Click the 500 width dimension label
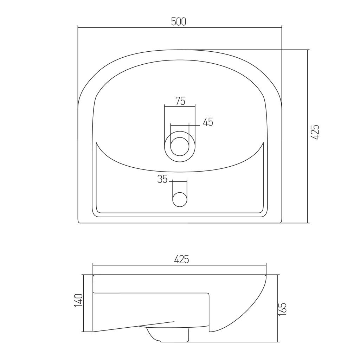[179, 22]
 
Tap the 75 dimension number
[180, 101]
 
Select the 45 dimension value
[208, 122]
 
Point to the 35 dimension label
[162, 179]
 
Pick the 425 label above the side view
[181, 259]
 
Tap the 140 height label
[78, 300]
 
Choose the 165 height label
[283, 309]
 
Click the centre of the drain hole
[180, 147]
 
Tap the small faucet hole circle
[180, 199]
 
